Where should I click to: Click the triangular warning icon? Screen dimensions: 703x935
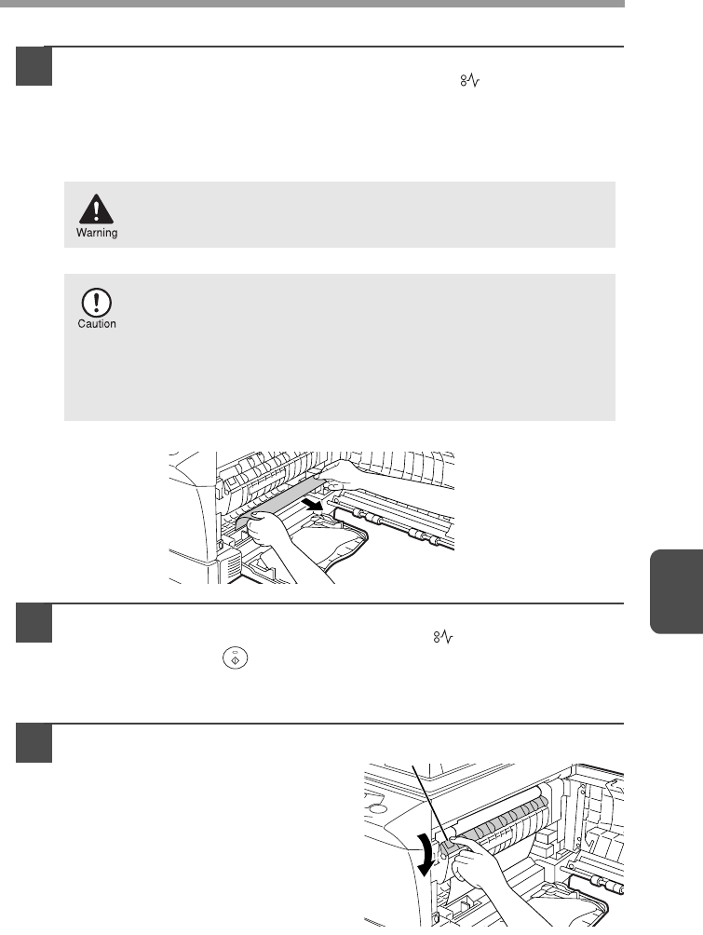pos(96,209)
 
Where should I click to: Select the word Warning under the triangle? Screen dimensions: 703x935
pos(97,233)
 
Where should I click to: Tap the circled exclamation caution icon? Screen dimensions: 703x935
pos(96,303)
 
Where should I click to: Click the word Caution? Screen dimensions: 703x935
pos(97,324)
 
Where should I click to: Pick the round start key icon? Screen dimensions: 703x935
pos(235,658)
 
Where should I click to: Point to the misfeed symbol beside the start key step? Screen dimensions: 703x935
pos(443,637)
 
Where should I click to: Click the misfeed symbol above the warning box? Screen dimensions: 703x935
pos(470,80)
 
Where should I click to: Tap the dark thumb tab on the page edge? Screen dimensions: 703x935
pos(676,590)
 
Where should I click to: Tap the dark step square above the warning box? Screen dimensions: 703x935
pos(34,66)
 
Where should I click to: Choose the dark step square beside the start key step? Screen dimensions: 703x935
pos(34,623)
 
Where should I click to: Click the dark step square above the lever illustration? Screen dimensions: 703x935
pos(34,743)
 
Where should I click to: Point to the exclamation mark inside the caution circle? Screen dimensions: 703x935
pos(96,303)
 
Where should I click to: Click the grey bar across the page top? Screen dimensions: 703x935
pos(312,3)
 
